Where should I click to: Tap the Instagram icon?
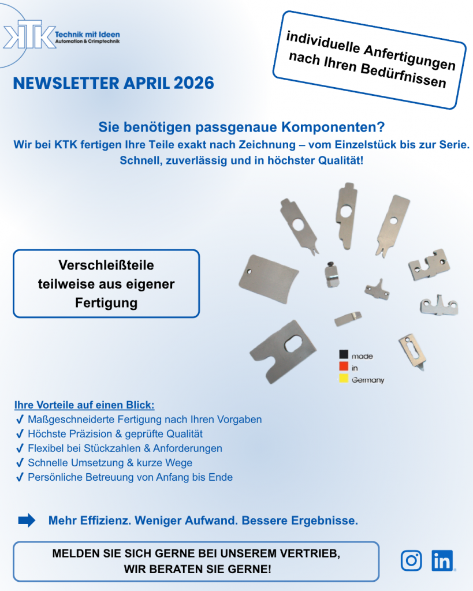[x=411, y=560]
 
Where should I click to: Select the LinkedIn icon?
[x=442, y=560]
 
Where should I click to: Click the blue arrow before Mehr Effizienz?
[x=27, y=521]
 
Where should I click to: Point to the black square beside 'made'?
[x=344, y=356]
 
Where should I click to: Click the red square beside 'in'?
[x=344, y=367]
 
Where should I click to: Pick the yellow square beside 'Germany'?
[x=344, y=379]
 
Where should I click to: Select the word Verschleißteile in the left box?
[x=106, y=265]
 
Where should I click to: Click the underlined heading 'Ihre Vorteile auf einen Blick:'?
[x=84, y=405]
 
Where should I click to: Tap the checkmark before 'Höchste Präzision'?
[x=20, y=434]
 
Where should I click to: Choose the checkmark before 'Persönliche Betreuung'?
[x=20, y=477]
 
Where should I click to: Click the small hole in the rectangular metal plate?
[x=249, y=270]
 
